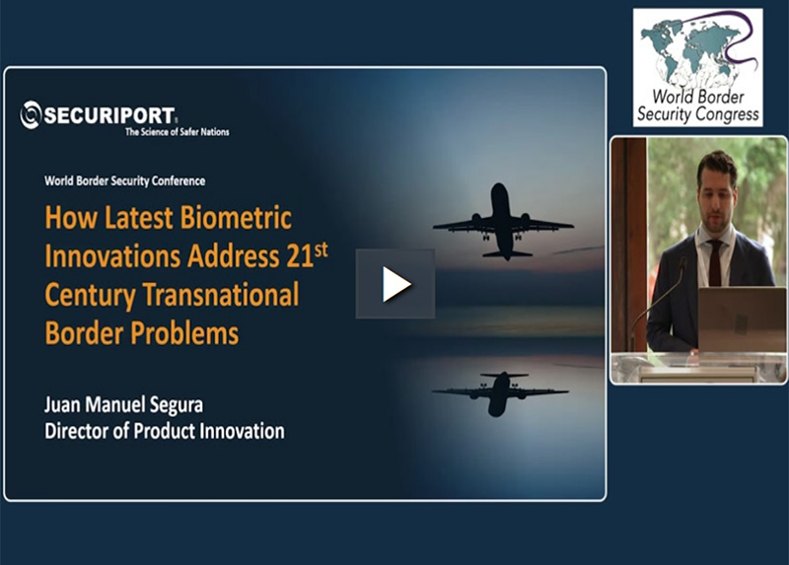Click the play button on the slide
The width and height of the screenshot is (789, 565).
[x=395, y=284]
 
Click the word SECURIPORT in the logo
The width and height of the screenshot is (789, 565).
[x=108, y=115]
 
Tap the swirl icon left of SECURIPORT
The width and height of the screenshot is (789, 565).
[x=31, y=114]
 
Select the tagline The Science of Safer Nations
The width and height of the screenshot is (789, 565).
[x=178, y=132]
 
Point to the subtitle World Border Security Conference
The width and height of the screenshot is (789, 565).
[x=125, y=181]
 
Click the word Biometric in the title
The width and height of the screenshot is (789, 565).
[x=236, y=218]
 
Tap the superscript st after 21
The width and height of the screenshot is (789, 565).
[x=322, y=250]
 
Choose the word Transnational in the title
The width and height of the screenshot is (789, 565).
[x=221, y=295]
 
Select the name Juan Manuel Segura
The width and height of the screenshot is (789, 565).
[x=124, y=405]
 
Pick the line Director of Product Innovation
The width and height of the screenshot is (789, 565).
[x=165, y=431]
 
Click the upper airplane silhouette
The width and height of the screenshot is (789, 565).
[x=503, y=222]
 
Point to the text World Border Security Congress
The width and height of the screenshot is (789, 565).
[x=698, y=106]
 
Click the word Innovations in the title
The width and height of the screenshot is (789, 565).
[x=112, y=256]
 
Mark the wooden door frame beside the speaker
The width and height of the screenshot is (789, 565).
[x=628, y=244]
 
